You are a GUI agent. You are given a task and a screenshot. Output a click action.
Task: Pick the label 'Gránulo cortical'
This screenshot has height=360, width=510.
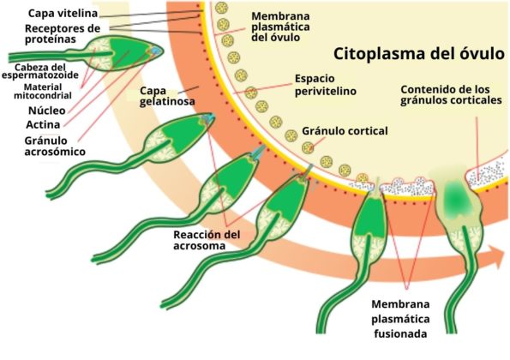pyautogui.click(x=345, y=131)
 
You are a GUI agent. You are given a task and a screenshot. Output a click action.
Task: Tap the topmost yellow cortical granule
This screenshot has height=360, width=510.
pyautogui.click(x=222, y=8)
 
